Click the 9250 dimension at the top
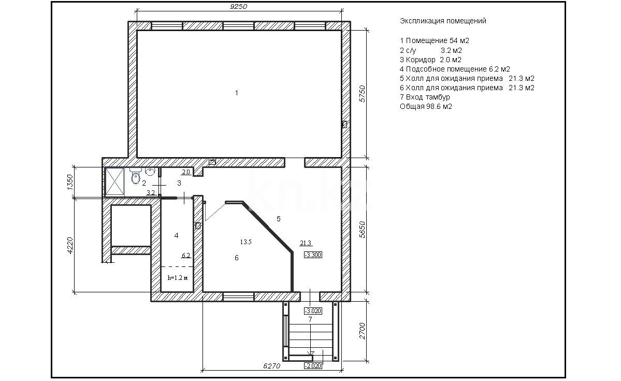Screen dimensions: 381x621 (239, 6)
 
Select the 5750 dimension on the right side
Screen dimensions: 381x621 (363, 93)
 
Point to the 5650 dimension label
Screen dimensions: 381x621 (363, 230)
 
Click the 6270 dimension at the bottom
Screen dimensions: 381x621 (271, 365)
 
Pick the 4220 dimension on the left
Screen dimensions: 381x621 (71, 246)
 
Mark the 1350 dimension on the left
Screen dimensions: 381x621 (71, 182)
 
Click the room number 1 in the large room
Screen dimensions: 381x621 (237, 93)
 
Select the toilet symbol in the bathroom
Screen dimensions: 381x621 (136, 176)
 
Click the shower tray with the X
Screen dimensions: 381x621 (114, 182)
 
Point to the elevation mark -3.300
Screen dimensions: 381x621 (313, 255)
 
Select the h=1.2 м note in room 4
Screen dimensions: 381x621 (177, 278)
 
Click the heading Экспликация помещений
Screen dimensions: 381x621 (443, 21)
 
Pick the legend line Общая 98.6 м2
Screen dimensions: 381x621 (426, 106)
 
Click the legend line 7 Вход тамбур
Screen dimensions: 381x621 (425, 97)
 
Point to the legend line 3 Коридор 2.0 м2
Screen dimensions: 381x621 (430, 60)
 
